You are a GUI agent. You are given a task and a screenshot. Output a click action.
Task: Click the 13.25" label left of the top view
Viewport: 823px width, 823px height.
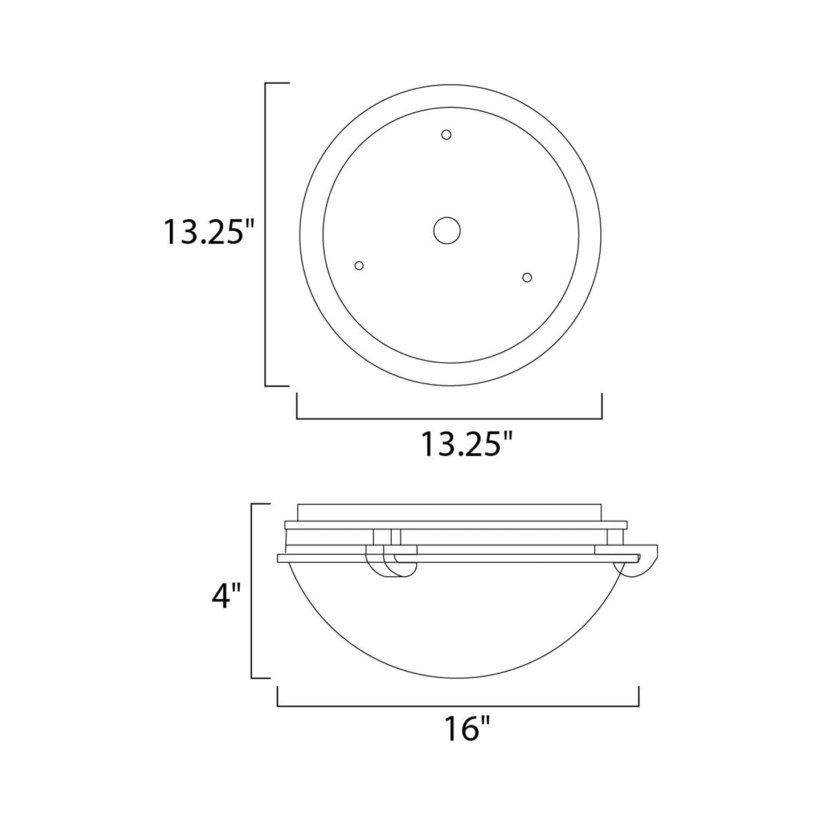click(208, 232)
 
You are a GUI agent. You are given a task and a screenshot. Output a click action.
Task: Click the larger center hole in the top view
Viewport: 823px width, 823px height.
click(447, 231)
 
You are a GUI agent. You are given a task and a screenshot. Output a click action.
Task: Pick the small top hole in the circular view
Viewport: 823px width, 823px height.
click(447, 134)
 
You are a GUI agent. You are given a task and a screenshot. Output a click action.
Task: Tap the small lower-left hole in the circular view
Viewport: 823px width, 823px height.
click(359, 265)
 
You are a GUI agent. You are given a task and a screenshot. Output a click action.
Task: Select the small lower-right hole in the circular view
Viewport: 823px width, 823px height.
click(527, 277)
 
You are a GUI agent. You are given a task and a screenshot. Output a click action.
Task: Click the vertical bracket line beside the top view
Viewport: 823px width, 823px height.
click(266, 234)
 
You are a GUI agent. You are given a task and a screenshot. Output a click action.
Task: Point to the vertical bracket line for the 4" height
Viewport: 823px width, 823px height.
click(252, 591)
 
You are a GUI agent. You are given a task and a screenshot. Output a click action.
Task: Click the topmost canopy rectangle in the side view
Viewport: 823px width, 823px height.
click(449, 512)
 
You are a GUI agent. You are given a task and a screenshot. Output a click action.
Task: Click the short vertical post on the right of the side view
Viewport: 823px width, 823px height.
click(615, 537)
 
